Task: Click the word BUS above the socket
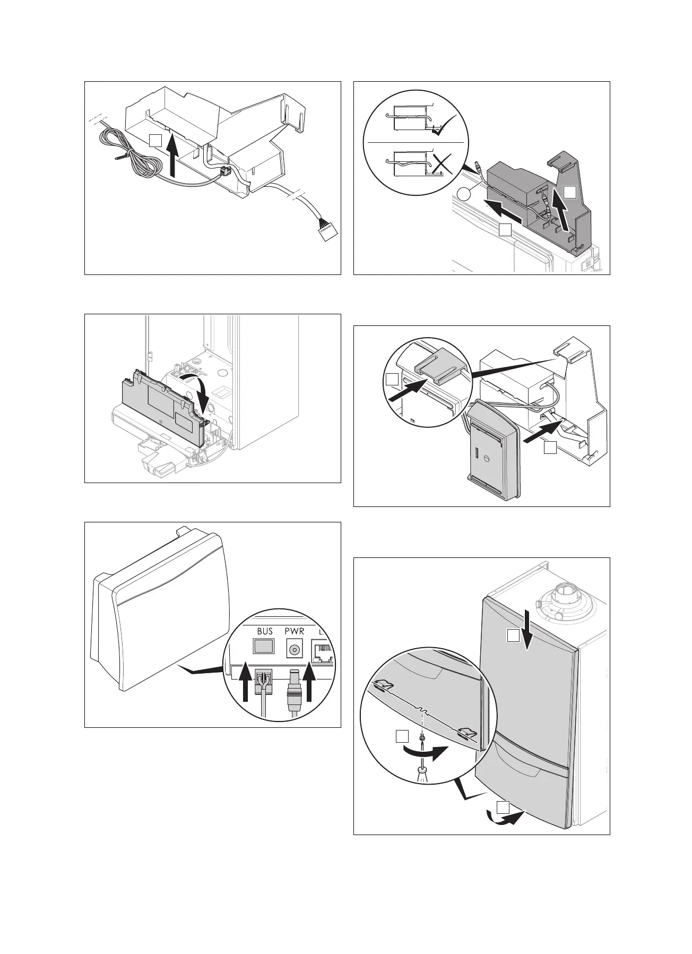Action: click(265, 632)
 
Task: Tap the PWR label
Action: click(294, 632)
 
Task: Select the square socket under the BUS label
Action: click(264, 646)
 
